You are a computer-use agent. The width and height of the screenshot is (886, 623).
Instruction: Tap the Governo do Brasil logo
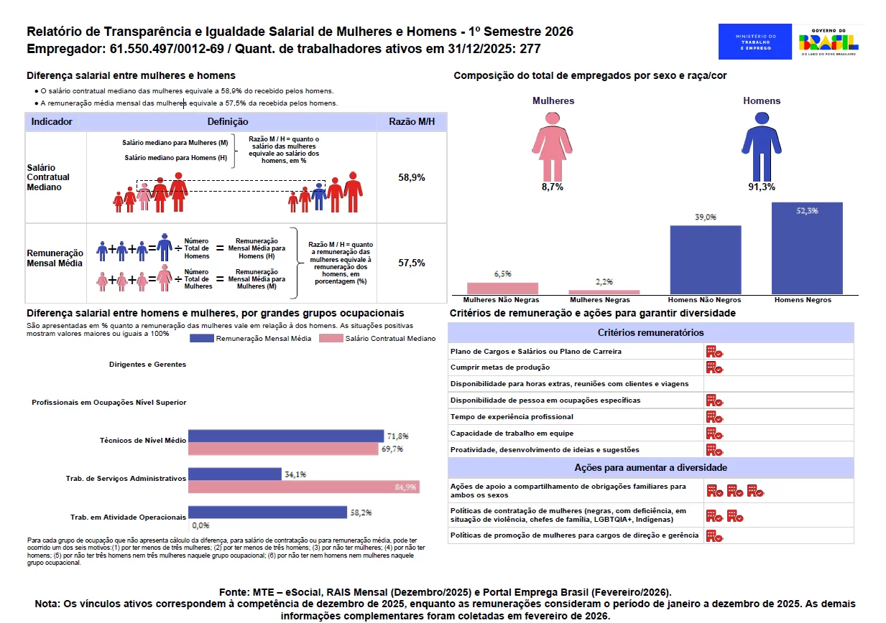[829, 42]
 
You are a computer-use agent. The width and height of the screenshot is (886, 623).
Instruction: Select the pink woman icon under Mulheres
[553, 145]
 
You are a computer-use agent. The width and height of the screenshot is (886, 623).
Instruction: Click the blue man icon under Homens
[761, 145]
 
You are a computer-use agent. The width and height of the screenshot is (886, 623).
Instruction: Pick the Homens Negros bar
[807, 248]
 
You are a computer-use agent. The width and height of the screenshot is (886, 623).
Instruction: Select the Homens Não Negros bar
[705, 260]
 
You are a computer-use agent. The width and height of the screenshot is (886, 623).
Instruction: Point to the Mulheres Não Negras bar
[502, 288]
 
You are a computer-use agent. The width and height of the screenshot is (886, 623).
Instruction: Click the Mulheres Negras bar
[604, 292]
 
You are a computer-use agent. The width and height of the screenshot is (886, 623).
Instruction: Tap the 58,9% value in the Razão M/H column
[412, 177]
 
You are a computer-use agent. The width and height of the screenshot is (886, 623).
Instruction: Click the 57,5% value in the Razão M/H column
[412, 263]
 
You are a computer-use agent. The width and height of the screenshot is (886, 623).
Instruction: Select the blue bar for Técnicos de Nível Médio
[285, 436]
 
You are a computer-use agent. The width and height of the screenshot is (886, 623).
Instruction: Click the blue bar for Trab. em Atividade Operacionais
[267, 513]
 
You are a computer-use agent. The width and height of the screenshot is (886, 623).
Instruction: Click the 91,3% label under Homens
[762, 187]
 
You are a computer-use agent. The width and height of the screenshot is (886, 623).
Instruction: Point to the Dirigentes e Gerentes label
[147, 365]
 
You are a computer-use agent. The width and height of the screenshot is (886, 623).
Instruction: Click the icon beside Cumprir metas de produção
[714, 367]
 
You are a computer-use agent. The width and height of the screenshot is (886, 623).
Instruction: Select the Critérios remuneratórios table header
[650, 332]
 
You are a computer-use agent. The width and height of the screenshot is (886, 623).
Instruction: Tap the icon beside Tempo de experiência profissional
[714, 416]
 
